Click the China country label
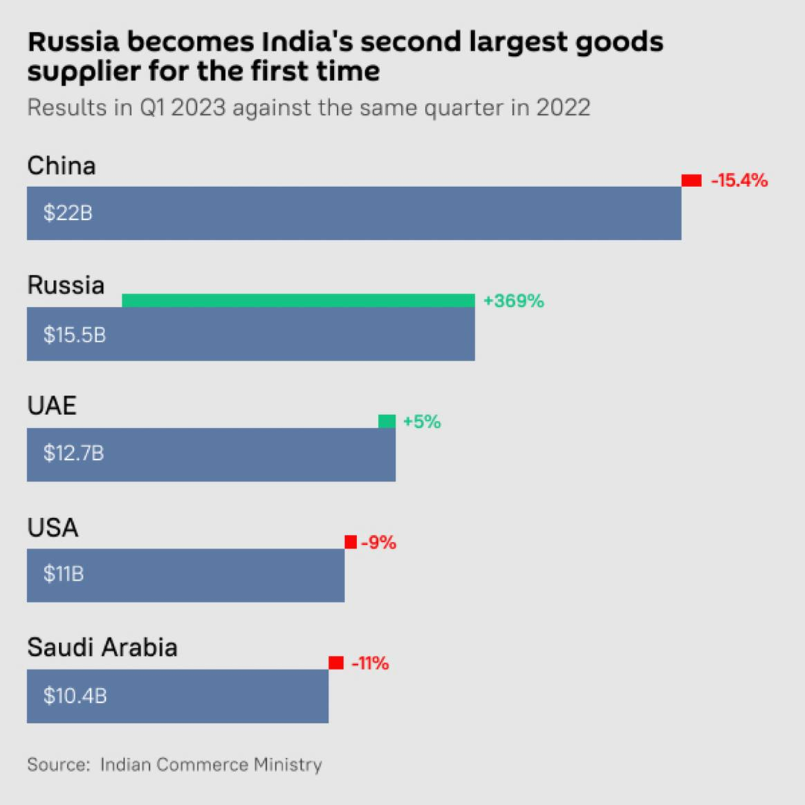pyautogui.click(x=62, y=165)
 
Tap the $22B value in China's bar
pyautogui.click(x=68, y=213)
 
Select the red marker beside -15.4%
pyautogui.click(x=692, y=180)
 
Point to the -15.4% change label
pyautogui.click(x=739, y=180)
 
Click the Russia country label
pyautogui.click(x=66, y=285)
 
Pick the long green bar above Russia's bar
pyautogui.click(x=298, y=300)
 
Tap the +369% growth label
pyautogui.click(x=514, y=302)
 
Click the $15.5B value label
pyautogui.click(x=75, y=335)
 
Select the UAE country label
pyautogui.click(x=52, y=407)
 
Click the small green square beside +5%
pyautogui.click(x=387, y=422)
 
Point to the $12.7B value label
pyautogui.click(x=74, y=455)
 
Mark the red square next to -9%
pyautogui.click(x=350, y=543)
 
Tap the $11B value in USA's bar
pyautogui.click(x=63, y=575)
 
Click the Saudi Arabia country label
pyautogui.click(x=102, y=648)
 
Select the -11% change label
pyautogui.click(x=370, y=663)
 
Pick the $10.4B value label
pyautogui.click(x=75, y=696)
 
